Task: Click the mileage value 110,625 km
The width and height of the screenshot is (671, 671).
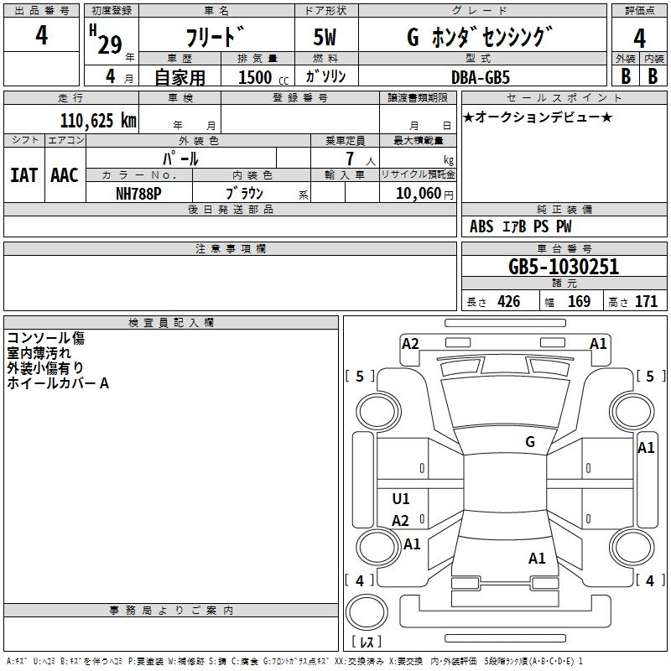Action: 98,121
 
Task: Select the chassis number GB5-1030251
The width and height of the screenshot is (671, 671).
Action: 564,267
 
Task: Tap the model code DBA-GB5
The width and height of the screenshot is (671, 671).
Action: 481,77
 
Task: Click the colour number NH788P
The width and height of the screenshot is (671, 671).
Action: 138,194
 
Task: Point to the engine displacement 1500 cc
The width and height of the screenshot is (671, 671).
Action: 263,77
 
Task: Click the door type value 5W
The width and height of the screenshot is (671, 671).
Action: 325,37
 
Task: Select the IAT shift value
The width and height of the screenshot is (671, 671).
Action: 24,175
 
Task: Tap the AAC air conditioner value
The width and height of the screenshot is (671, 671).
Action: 65,175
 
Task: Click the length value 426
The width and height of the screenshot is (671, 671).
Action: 509,302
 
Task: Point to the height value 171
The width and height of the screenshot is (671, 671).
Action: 646,302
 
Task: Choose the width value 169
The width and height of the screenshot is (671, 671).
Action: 579,302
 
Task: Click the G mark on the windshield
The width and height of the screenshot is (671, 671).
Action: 530,442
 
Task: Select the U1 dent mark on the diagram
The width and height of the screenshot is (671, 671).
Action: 401,498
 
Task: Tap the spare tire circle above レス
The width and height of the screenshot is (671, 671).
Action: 367,612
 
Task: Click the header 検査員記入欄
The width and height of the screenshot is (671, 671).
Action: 171,323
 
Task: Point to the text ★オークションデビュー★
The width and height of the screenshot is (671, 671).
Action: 538,117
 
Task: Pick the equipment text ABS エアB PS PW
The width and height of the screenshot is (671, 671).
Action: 520,226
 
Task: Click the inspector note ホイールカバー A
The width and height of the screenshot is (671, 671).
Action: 58,383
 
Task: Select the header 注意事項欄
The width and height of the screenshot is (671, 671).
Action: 231,248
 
